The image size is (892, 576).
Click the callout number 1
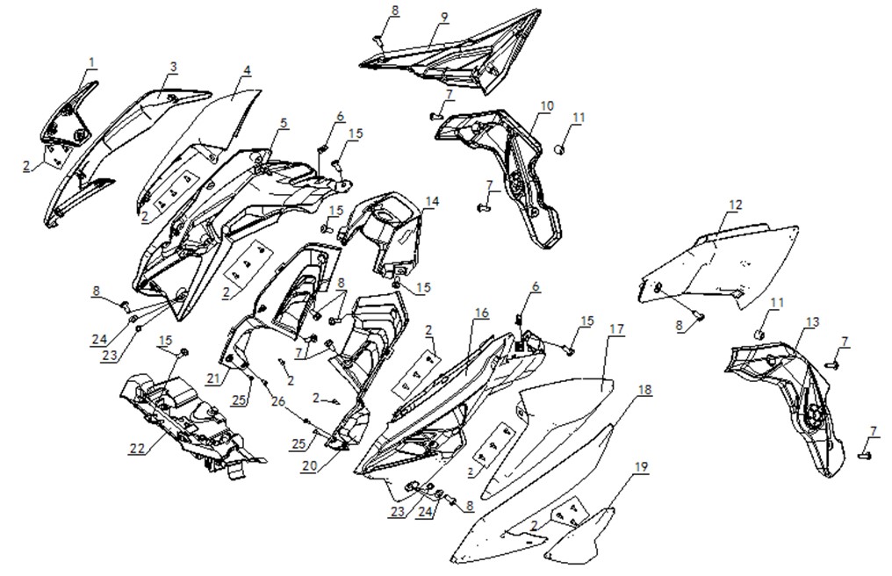pyautogui.click(x=92, y=62)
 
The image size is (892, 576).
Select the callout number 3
pyautogui.click(x=174, y=67)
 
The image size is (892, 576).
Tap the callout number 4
pyautogui.click(x=247, y=70)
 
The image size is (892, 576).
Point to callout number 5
pyautogui.click(x=284, y=123)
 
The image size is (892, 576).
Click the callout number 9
pyautogui.click(x=444, y=17)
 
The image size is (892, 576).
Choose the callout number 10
pyautogui.click(x=547, y=106)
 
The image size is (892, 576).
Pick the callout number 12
pyautogui.click(x=736, y=205)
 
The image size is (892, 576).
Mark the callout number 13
pyautogui.click(x=812, y=323)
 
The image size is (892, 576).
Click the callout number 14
pyautogui.click(x=432, y=201)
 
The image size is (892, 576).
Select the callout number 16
pyautogui.click(x=482, y=313)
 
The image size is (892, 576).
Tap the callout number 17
pyautogui.click(x=616, y=329)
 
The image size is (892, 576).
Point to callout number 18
pyautogui.click(x=644, y=390)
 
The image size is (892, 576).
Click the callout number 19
pyautogui.click(x=641, y=467)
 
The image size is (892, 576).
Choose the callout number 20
pyautogui.click(x=309, y=465)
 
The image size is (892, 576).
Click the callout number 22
pyautogui.click(x=138, y=449)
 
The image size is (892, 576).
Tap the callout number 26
pyautogui.click(x=278, y=402)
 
